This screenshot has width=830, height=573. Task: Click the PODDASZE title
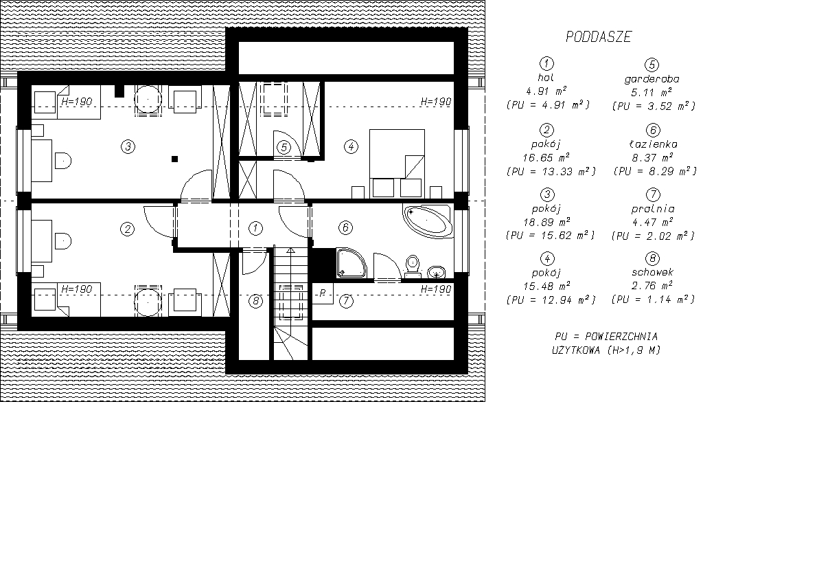599,37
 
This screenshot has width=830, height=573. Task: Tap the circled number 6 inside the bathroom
345,227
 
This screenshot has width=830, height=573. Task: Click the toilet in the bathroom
413,267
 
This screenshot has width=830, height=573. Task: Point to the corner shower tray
351,262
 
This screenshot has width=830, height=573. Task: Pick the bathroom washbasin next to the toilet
436,273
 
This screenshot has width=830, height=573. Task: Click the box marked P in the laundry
323,293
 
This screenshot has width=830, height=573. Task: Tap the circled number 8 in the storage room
255,301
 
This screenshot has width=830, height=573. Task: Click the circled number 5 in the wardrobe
284,148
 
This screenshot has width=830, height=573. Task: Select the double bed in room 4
397,164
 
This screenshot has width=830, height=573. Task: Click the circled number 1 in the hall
255,228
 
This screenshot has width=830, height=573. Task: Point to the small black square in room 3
174,159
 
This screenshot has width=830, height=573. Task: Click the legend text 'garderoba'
652,80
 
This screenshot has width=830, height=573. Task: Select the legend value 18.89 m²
546,222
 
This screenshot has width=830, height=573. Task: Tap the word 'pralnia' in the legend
653,209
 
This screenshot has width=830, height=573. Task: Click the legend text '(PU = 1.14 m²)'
653,299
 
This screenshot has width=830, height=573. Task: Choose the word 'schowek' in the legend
652,272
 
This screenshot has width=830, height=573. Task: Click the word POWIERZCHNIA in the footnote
621,337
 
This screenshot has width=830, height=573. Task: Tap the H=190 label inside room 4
436,102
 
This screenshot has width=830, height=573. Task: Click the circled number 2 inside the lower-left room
127,229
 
